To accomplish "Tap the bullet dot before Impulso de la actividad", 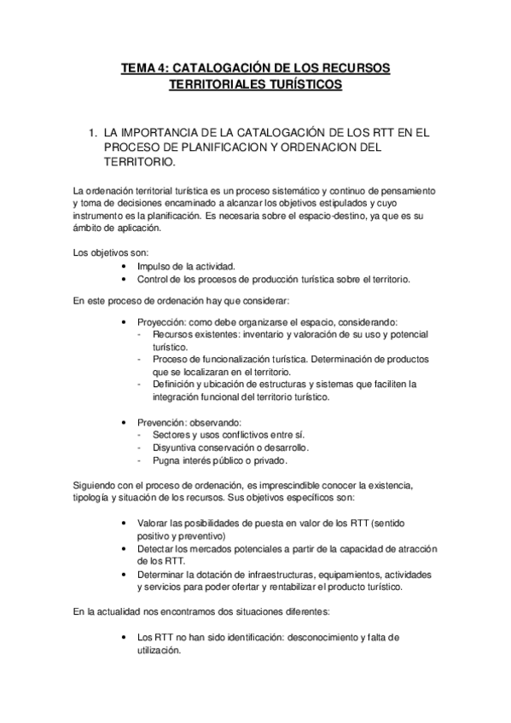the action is tap(125, 266).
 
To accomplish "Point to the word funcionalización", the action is tap(234, 360).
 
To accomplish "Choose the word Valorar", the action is tap(154, 523).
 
